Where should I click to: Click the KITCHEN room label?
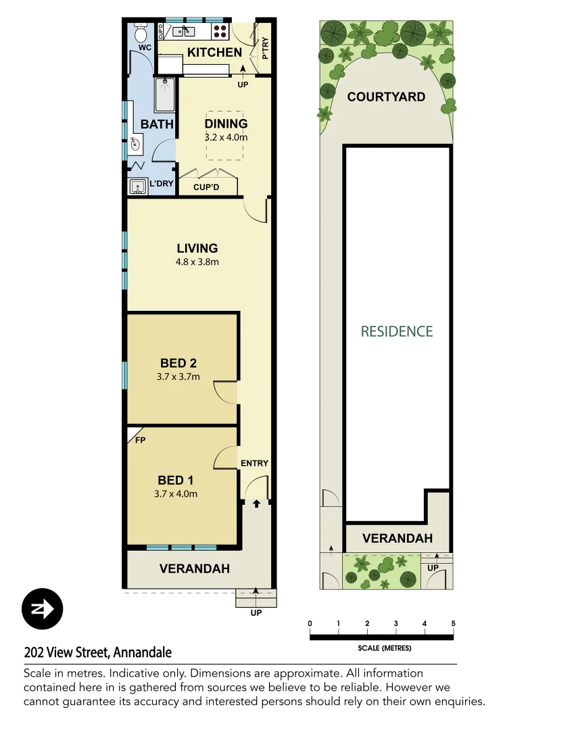[x=214, y=52]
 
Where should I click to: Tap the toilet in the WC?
[x=141, y=34]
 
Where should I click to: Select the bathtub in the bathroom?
[x=165, y=95]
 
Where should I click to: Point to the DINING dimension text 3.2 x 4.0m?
[x=226, y=137]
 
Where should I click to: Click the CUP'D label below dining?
[x=208, y=187]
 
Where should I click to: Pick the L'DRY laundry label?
[x=162, y=184]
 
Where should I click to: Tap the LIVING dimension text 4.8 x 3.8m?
[x=197, y=262]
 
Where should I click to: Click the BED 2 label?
[x=178, y=363]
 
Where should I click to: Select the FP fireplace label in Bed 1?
[x=141, y=440]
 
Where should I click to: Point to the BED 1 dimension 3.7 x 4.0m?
[x=176, y=493]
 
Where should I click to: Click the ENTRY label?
[x=254, y=463]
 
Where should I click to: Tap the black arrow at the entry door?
[x=256, y=504]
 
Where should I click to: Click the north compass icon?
[x=42, y=609]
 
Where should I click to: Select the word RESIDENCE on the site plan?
[x=396, y=331]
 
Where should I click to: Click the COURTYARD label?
[x=386, y=97]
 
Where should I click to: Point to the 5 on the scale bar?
[x=453, y=623]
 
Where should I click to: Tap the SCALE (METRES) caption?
[x=384, y=648]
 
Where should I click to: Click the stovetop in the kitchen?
[x=221, y=31]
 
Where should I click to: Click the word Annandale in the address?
[x=142, y=652]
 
